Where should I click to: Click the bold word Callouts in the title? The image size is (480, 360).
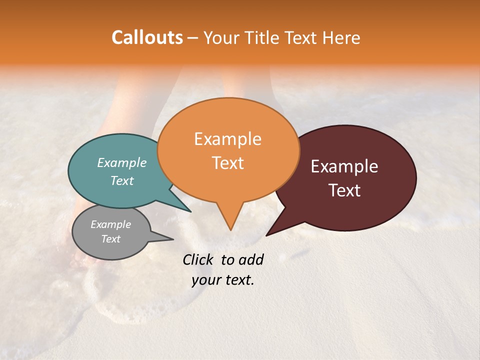click(147, 37)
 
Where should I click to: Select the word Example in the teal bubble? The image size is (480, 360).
click(122, 162)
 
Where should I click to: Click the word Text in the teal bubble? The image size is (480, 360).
click(122, 180)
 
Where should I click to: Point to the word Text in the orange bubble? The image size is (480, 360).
click(227, 162)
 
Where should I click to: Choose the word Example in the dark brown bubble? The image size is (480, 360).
click(344, 166)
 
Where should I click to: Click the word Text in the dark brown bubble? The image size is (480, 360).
click(345, 190)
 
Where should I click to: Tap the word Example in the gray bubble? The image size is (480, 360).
click(110, 224)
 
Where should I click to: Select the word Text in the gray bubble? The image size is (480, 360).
click(110, 239)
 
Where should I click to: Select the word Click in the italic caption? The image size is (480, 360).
click(199, 260)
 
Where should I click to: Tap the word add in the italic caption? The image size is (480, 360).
click(250, 260)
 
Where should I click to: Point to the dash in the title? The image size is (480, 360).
click(193, 38)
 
